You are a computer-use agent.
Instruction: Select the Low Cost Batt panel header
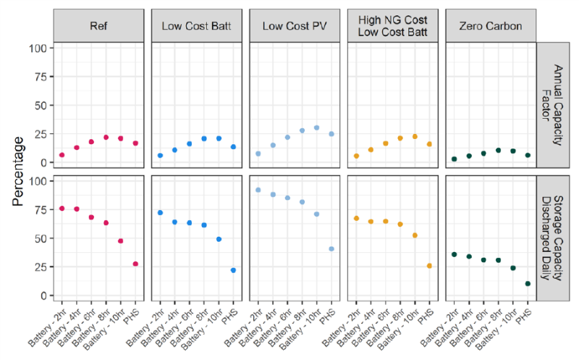point(197,25)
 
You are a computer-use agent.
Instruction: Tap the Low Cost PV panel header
point(295,25)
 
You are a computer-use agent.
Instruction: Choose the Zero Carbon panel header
point(491,25)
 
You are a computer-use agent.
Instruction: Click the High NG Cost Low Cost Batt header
point(393,25)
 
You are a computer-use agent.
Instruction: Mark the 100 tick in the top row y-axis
point(37,48)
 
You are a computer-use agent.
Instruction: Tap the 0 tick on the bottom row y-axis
point(42,296)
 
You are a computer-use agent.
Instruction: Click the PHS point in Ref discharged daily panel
point(135,264)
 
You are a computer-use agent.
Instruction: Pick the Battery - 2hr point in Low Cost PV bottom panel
point(258,190)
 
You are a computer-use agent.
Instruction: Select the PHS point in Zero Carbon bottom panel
point(528,284)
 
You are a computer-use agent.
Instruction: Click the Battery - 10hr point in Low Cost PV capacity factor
point(317,127)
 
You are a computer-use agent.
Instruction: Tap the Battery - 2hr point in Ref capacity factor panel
point(62,155)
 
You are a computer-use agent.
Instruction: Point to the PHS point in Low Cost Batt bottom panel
point(233,270)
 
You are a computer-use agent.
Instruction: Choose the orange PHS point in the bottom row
point(429,266)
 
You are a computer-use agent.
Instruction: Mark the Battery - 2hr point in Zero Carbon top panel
point(454,159)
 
